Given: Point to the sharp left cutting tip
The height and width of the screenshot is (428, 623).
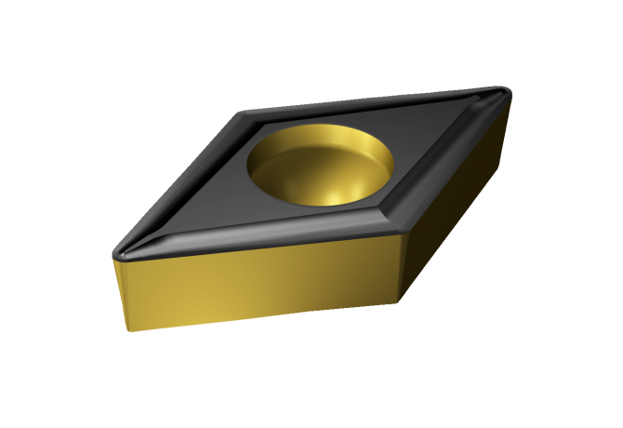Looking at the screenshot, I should pos(115,252).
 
